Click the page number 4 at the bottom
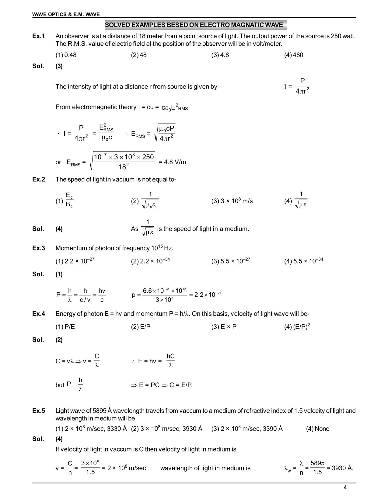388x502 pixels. (345, 488)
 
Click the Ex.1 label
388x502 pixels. (39, 36)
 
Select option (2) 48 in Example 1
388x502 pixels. (139, 55)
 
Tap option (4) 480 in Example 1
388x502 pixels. (294, 55)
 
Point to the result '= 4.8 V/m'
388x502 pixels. (172, 162)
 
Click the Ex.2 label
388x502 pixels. (39, 180)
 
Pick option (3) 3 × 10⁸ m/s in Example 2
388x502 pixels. (232, 201)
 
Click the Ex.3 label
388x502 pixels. (39, 248)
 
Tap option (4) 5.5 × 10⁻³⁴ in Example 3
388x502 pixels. (303, 261)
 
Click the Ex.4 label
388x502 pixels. (39, 314)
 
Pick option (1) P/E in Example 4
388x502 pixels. (65, 327)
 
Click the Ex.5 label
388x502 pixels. (39, 411)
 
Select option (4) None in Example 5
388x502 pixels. (318, 429)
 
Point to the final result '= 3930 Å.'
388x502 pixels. (340, 468)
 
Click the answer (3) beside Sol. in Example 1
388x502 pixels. (59, 66)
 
